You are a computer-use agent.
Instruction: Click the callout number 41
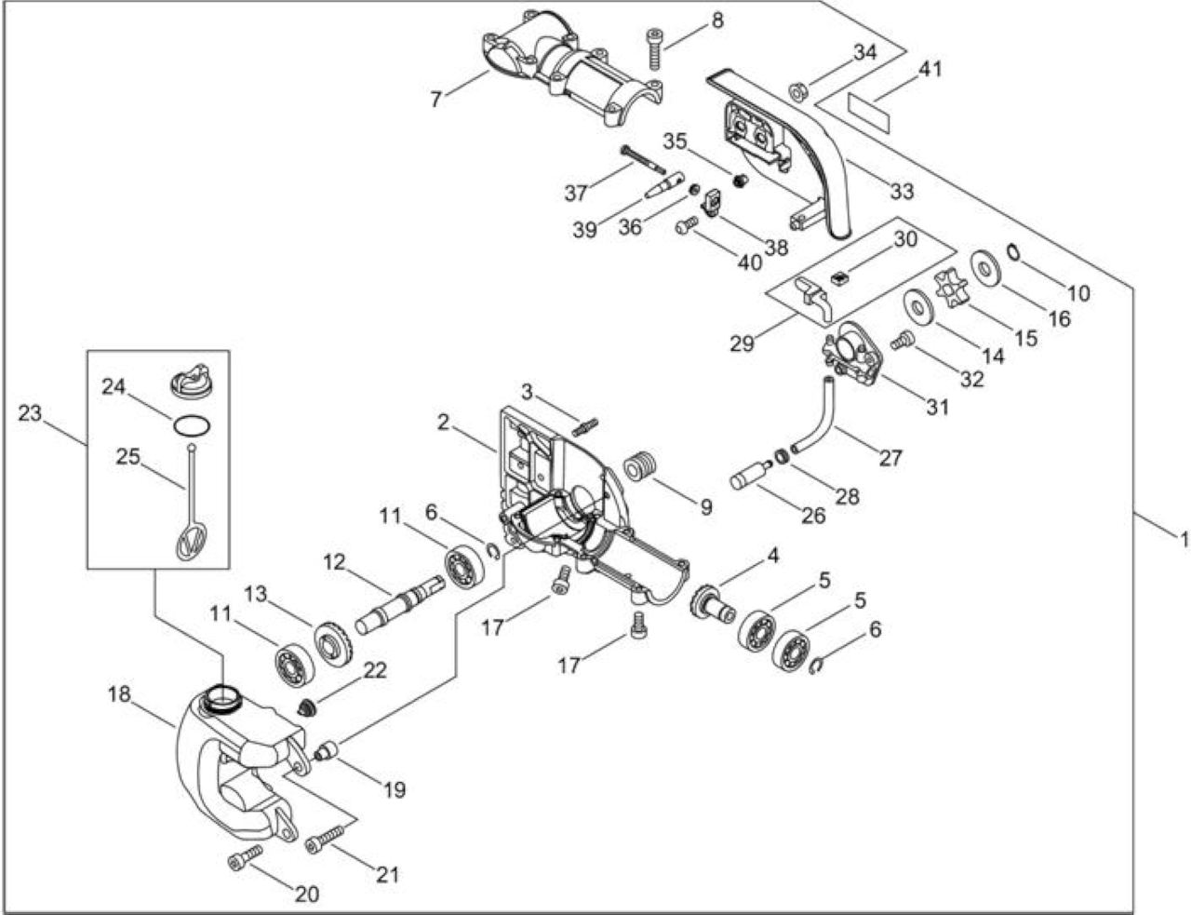coord(930,70)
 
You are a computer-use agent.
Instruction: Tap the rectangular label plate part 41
coord(867,113)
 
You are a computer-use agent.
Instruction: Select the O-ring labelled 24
coord(192,425)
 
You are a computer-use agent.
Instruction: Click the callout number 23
coord(30,413)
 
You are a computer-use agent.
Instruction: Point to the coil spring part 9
coord(643,466)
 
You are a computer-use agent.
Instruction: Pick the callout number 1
coord(1184,540)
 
